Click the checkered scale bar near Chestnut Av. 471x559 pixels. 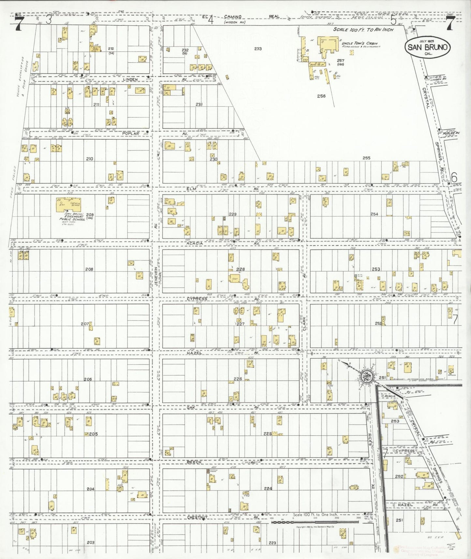point(315,522)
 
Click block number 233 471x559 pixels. point(258,49)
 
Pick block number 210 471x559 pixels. point(89,159)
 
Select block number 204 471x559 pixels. point(90,489)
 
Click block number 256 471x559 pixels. point(321,96)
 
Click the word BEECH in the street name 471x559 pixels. point(195,462)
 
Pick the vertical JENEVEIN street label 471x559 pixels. point(156,274)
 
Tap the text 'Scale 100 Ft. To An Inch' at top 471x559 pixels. point(363,29)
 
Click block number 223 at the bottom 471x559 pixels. point(272,543)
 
